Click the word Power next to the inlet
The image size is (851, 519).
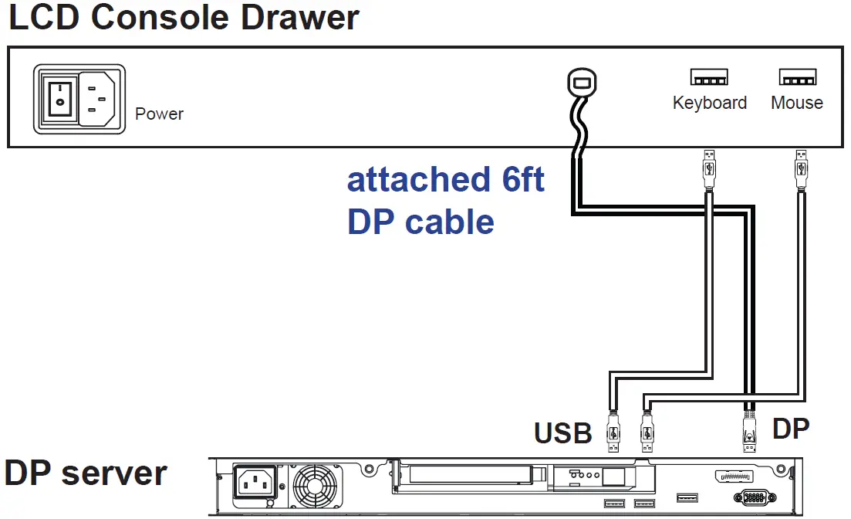(159, 114)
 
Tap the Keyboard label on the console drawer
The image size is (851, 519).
(709, 103)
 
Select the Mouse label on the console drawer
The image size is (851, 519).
(797, 103)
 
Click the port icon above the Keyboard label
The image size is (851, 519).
(709, 77)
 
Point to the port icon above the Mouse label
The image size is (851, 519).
(797, 77)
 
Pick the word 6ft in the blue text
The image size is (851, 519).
(518, 179)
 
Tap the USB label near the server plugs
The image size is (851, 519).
(562, 432)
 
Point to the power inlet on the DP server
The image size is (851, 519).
(254, 484)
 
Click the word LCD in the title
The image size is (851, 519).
(44, 17)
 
